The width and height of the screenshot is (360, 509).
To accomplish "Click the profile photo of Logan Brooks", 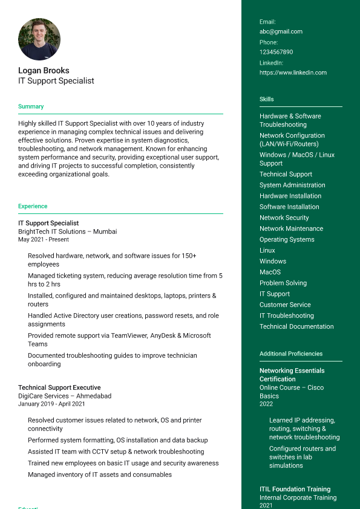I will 39,39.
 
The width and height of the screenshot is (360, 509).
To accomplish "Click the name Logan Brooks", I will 44,70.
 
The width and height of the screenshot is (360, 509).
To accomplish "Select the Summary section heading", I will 31,106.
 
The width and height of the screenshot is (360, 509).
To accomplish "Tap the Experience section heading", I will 33,206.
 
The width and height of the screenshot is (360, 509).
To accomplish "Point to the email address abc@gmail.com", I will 281,31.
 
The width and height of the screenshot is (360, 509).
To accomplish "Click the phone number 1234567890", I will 276,52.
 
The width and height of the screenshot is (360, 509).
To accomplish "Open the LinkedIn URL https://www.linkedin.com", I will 293,73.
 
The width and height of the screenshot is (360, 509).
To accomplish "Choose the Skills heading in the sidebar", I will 266,99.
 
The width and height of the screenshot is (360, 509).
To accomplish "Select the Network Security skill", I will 284,218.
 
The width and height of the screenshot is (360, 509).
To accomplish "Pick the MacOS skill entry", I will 270,272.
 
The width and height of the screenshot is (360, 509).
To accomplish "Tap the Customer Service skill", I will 285,305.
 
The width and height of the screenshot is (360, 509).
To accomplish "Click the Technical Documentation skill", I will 296,326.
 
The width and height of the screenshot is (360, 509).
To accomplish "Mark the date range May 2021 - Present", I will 44,239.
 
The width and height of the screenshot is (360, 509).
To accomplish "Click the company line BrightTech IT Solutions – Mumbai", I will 67,232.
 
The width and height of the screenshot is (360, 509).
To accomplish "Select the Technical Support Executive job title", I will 59,387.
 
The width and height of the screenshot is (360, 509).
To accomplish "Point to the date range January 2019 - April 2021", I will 51,404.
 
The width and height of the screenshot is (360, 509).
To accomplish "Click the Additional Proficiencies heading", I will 291,354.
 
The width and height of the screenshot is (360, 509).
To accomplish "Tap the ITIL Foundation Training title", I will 295,489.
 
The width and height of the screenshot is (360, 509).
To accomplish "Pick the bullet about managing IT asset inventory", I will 100,475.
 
